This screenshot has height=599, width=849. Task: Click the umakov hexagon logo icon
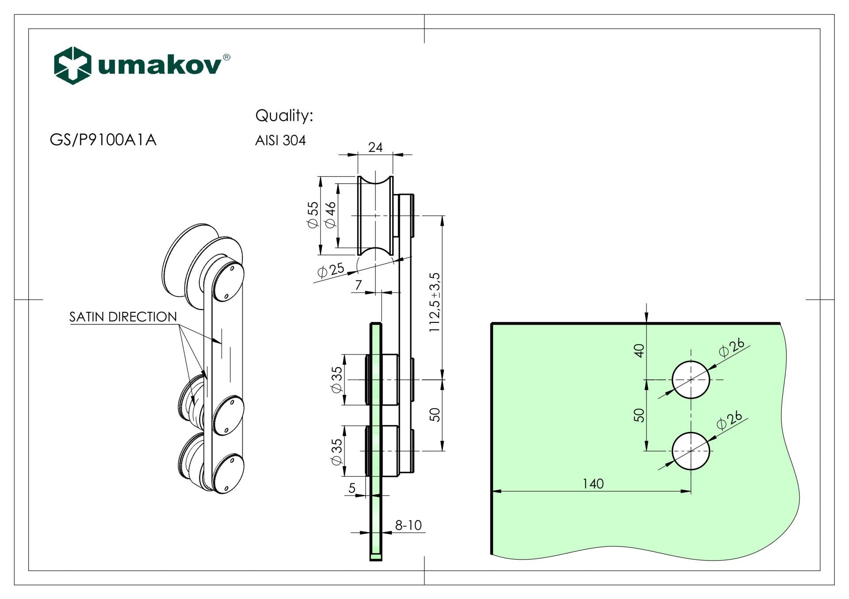point(73,65)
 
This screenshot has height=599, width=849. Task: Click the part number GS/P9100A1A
point(103,140)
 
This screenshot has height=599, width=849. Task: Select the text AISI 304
point(280,140)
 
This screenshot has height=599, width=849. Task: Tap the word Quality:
point(284,116)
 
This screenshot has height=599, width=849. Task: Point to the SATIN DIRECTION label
point(123,317)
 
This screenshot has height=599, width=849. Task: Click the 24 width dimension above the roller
point(375,147)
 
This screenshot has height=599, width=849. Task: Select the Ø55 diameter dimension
point(313,215)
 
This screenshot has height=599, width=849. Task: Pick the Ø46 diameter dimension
point(331,215)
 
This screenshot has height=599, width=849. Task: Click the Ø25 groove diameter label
point(331,269)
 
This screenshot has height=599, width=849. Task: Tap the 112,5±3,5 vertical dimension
point(435,302)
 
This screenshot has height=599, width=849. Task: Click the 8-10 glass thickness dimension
point(408,525)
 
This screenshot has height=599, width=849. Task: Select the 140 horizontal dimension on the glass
point(593,484)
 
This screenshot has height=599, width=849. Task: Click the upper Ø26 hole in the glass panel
point(691,379)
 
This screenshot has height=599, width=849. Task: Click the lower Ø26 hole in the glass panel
point(691,451)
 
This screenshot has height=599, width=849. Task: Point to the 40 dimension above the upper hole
point(639,350)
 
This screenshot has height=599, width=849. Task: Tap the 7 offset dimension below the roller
point(358,285)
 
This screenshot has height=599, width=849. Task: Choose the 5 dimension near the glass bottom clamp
point(352,488)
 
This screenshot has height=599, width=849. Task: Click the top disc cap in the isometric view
point(228,282)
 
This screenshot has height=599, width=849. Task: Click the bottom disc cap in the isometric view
point(228,475)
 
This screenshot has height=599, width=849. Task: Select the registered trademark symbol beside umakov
point(226,57)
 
